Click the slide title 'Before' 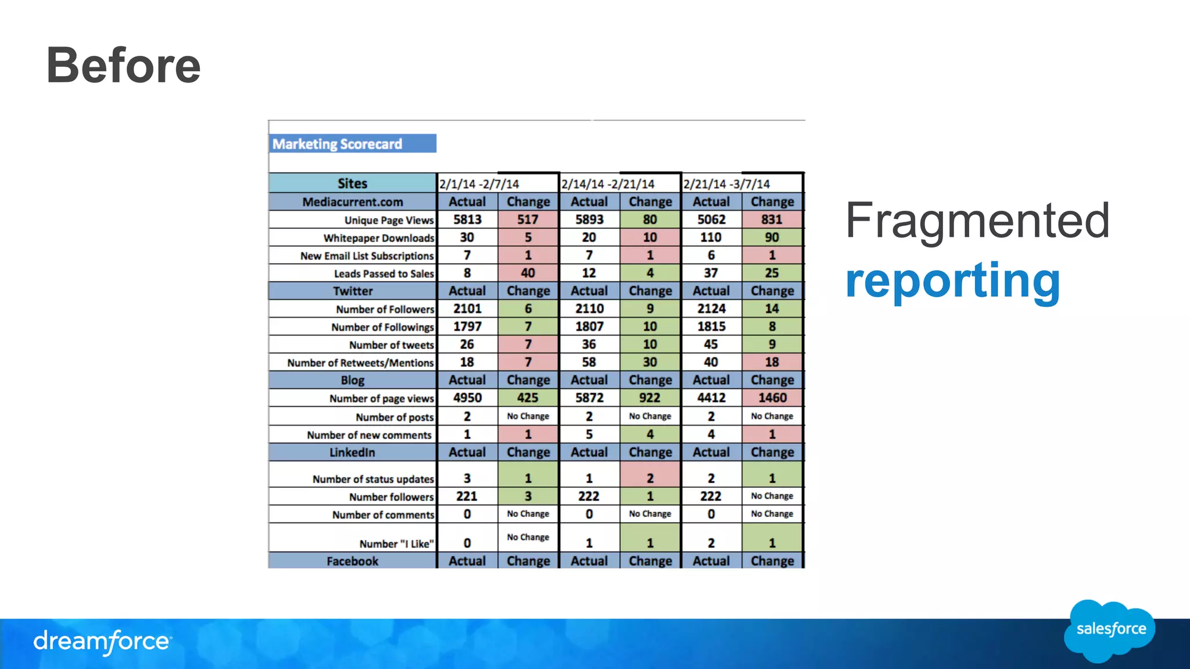tap(123, 65)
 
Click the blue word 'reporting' tap(952, 280)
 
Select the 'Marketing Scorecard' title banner tap(352, 144)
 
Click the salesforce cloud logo tap(1110, 631)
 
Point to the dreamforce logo tap(102, 642)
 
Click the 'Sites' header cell tap(352, 184)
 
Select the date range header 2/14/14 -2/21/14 tap(608, 184)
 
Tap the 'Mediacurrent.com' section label tap(352, 202)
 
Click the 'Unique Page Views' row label tap(389, 220)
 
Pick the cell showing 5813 tap(467, 220)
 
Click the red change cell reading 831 tap(772, 220)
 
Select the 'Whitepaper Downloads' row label tap(379, 238)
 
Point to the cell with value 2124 tap(711, 309)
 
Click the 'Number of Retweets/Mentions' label tap(360, 363)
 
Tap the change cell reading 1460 tap(772, 398)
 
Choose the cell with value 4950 tap(467, 398)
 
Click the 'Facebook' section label tap(352, 561)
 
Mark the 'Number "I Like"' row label tap(396, 544)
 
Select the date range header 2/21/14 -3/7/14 tap(726, 184)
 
